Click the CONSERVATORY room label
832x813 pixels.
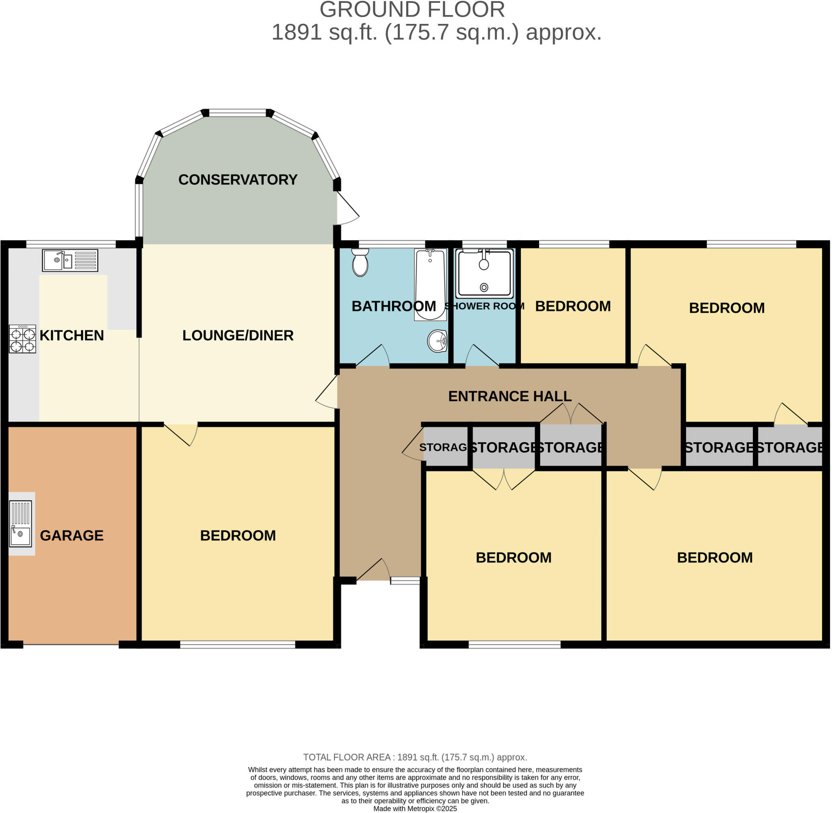tap(238, 180)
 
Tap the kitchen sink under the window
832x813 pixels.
tap(70, 260)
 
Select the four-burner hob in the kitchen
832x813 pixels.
tap(23, 339)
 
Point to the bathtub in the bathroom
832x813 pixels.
tap(430, 285)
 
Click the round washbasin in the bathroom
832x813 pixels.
tap(438, 341)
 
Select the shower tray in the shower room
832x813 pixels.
tap(484, 274)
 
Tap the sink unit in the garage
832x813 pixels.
tap(20, 523)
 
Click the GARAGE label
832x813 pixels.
tap(72, 536)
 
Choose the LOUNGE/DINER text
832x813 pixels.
tap(238, 335)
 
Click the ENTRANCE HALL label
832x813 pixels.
tap(509, 396)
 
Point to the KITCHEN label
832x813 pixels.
tap(72, 335)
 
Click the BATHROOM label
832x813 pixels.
tap(393, 306)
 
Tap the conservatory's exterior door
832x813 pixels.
tap(347, 208)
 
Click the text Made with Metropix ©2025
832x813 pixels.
tap(415, 809)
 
